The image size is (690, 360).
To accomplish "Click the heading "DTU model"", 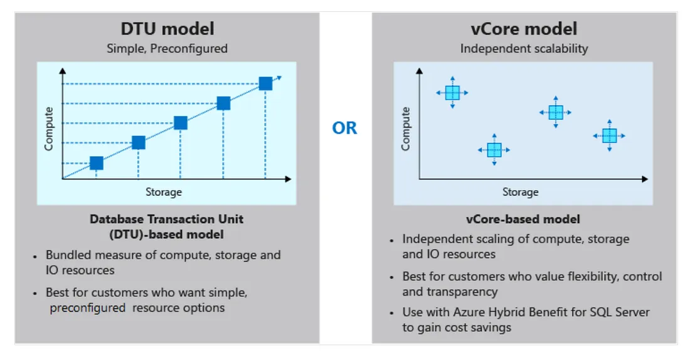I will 167,28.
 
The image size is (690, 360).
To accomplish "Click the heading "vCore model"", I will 524,28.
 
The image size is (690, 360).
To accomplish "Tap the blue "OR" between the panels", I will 345,128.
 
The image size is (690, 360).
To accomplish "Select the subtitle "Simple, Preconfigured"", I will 167,48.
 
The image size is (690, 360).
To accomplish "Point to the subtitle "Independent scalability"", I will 524,48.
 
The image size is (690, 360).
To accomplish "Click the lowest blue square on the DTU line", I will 96,163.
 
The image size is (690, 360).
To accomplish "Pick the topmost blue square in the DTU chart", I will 265,83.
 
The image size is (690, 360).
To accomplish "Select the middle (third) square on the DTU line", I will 181,123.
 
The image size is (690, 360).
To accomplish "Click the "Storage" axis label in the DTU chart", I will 164,191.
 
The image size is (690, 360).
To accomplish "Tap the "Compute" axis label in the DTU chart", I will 49,129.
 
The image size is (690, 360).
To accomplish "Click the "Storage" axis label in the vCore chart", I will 520,192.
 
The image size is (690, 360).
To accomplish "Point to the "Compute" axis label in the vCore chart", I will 406,129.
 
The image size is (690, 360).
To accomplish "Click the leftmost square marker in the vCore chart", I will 452,93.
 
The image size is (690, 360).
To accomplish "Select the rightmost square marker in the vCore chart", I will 609,135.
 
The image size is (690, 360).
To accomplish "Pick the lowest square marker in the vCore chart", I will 494,150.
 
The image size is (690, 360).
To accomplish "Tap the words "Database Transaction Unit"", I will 166,220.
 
